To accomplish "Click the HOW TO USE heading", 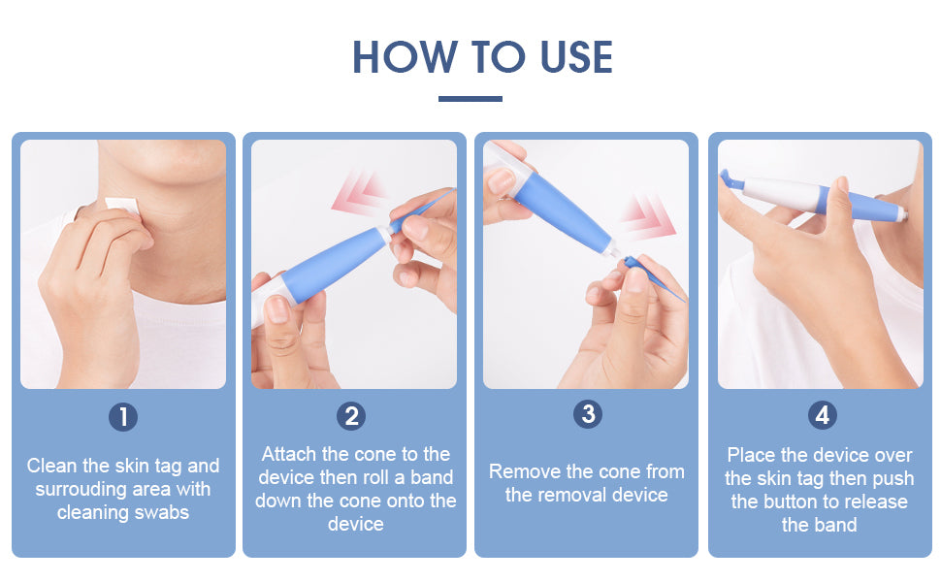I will click(x=482, y=57).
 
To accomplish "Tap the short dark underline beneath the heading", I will click(x=470, y=98).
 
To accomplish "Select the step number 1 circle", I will click(x=122, y=417).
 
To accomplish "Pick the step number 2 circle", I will click(x=351, y=417).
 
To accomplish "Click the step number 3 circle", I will click(x=587, y=414).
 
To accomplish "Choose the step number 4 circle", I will click(x=822, y=415).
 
